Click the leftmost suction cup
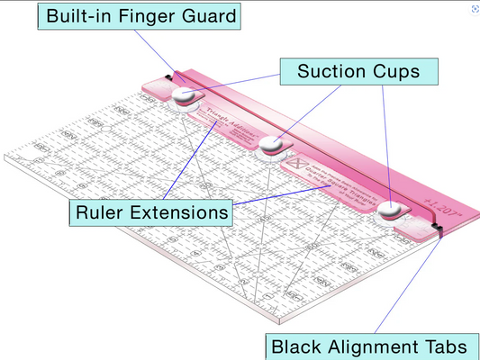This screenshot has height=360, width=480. pos(185,96)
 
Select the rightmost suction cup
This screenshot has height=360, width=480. pos(390,209)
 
